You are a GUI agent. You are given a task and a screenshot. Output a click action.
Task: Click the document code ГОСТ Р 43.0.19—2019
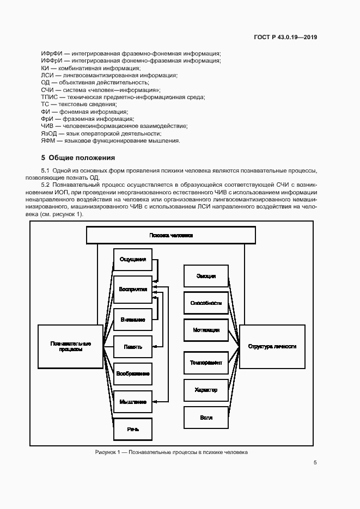click(285, 38)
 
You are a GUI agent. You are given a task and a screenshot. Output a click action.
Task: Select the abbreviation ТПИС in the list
click(49, 97)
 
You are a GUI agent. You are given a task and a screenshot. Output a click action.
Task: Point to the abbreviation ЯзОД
click(50, 133)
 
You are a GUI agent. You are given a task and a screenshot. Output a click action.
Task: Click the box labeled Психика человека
click(171, 235)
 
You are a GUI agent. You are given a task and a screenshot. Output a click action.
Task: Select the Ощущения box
click(133, 260)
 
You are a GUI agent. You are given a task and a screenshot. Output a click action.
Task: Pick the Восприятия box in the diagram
click(133, 290)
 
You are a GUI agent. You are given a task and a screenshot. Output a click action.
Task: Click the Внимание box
click(133, 320)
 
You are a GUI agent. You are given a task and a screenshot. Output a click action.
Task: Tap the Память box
click(133, 346)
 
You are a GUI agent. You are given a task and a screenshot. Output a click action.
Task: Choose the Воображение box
click(133, 373)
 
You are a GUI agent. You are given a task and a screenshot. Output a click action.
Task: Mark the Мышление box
click(133, 402)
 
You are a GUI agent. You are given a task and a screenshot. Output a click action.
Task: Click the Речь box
click(133, 429)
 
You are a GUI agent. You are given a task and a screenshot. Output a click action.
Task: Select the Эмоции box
click(206, 277)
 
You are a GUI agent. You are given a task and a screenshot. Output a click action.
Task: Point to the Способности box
click(206, 303)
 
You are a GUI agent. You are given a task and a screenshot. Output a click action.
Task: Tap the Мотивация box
click(206, 330)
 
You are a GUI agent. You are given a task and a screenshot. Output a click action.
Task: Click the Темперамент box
click(206, 363)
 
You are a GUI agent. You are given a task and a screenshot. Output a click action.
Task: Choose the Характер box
click(206, 390)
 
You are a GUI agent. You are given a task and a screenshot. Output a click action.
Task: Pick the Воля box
click(206, 418)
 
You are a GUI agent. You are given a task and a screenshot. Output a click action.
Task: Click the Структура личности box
click(272, 346)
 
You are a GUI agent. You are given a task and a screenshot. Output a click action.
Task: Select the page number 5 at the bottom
click(315, 463)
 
